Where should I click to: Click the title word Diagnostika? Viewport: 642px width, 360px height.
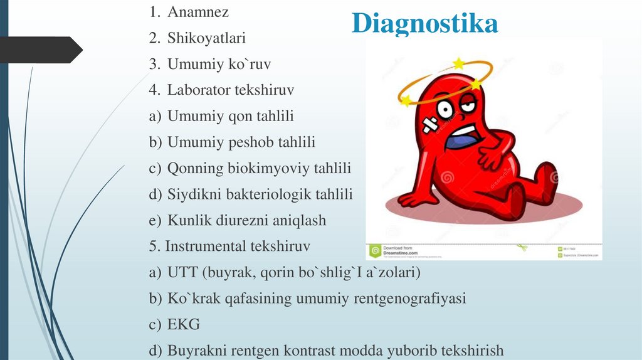(x=425, y=23)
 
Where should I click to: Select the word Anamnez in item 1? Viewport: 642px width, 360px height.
(x=197, y=12)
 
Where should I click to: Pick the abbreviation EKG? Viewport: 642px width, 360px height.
(x=184, y=325)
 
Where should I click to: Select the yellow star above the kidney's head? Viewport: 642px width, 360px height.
(x=459, y=63)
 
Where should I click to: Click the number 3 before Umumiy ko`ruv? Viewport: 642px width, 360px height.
(x=154, y=64)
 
